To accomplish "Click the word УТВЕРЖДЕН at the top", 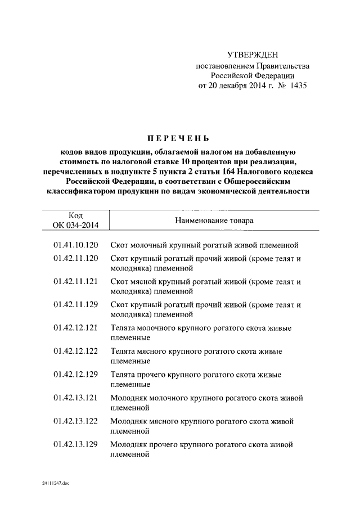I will coord(252,55).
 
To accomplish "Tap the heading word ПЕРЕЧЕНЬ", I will coord(178,138).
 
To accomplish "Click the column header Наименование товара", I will coord(214,220).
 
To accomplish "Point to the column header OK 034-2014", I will coord(76,226).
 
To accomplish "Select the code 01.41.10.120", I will coord(76,245).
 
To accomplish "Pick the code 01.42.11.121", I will coord(76,282).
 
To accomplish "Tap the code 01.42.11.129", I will coord(76,305).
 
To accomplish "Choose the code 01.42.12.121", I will coord(76,328).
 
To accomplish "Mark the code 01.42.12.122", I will coord(76,351).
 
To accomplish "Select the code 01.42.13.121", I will coord(76,398).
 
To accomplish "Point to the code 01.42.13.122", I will coord(76,421).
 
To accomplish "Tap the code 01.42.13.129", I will coord(76,444).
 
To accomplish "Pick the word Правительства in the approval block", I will coord(279,66).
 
